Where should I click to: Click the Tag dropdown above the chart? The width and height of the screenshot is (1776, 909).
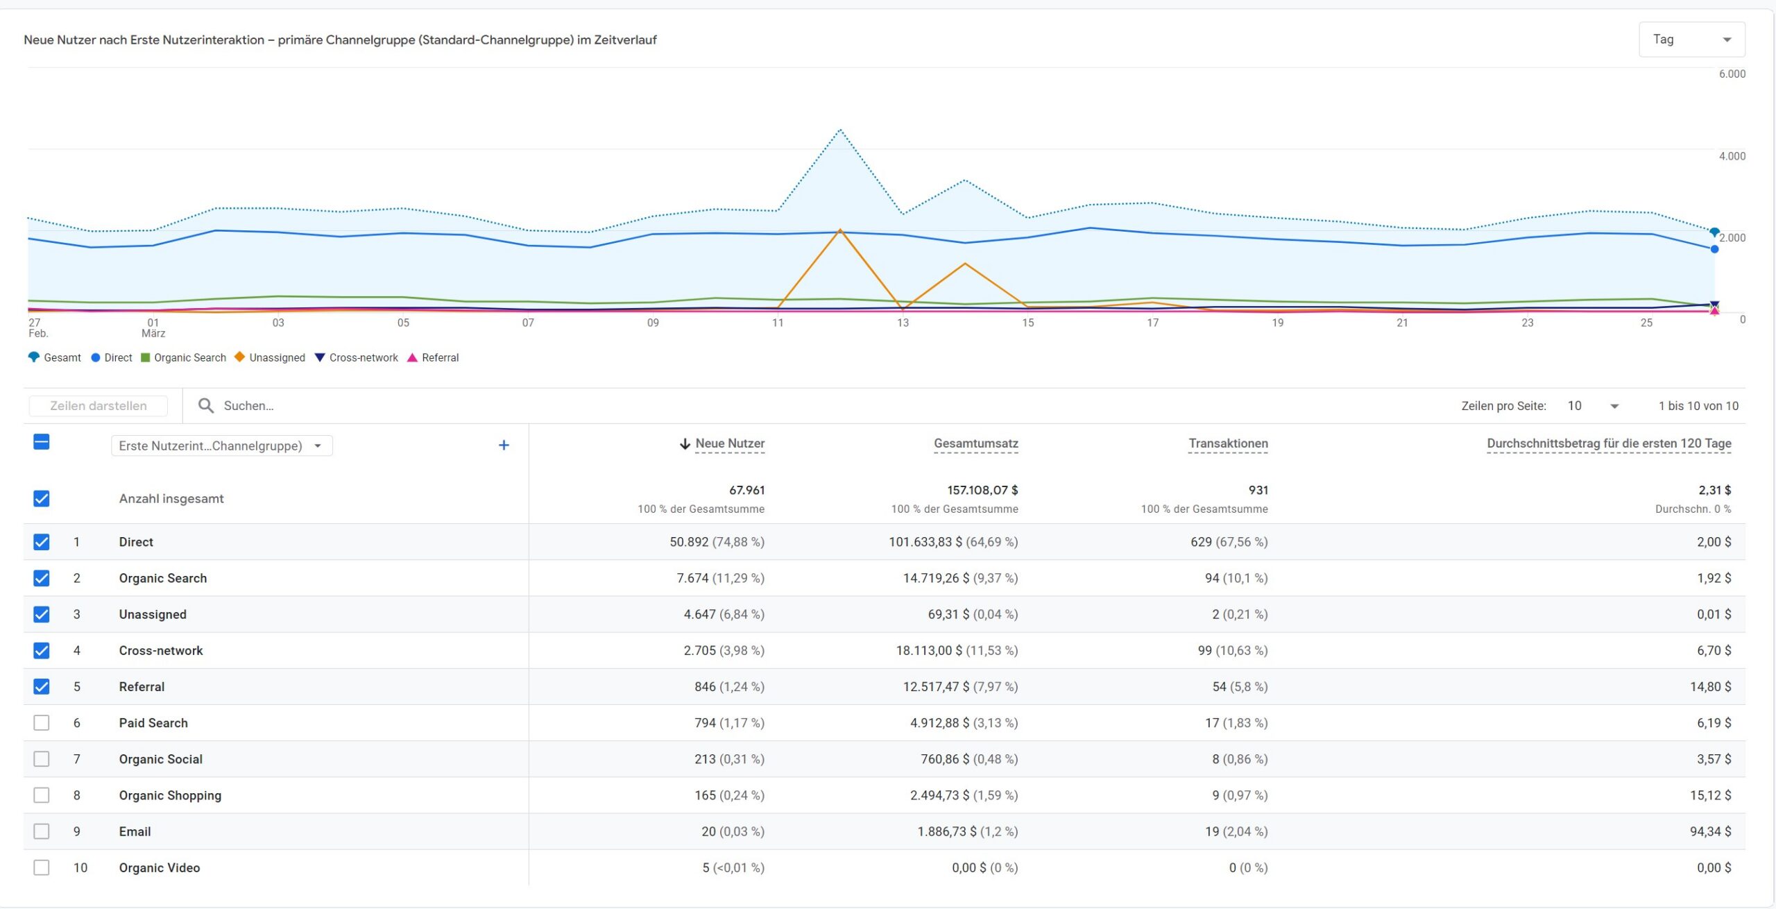coord(1691,40)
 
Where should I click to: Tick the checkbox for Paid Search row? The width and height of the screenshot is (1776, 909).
coord(42,722)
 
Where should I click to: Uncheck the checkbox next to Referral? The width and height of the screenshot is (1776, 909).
coord(42,686)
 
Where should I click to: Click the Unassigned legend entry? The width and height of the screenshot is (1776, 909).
coord(270,357)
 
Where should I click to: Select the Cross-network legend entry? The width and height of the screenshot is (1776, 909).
coord(357,357)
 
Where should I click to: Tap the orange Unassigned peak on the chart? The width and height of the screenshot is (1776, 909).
coord(840,230)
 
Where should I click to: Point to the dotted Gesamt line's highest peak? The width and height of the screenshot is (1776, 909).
coord(840,130)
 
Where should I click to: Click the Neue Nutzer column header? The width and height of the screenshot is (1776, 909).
coord(730,443)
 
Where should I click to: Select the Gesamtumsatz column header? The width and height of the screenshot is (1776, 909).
coord(976,443)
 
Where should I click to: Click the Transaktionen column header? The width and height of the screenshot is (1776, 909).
coord(1228,443)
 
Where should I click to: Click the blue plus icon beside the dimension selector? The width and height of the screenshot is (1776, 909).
coord(504,445)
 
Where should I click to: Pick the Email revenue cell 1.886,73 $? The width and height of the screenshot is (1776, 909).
coord(947,831)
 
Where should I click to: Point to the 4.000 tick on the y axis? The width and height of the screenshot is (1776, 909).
coord(1732,156)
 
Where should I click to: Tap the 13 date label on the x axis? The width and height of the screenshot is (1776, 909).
coord(903,323)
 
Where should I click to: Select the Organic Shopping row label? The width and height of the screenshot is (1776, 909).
coord(170,795)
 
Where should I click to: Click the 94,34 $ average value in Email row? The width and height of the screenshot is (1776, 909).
coord(1710,831)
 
